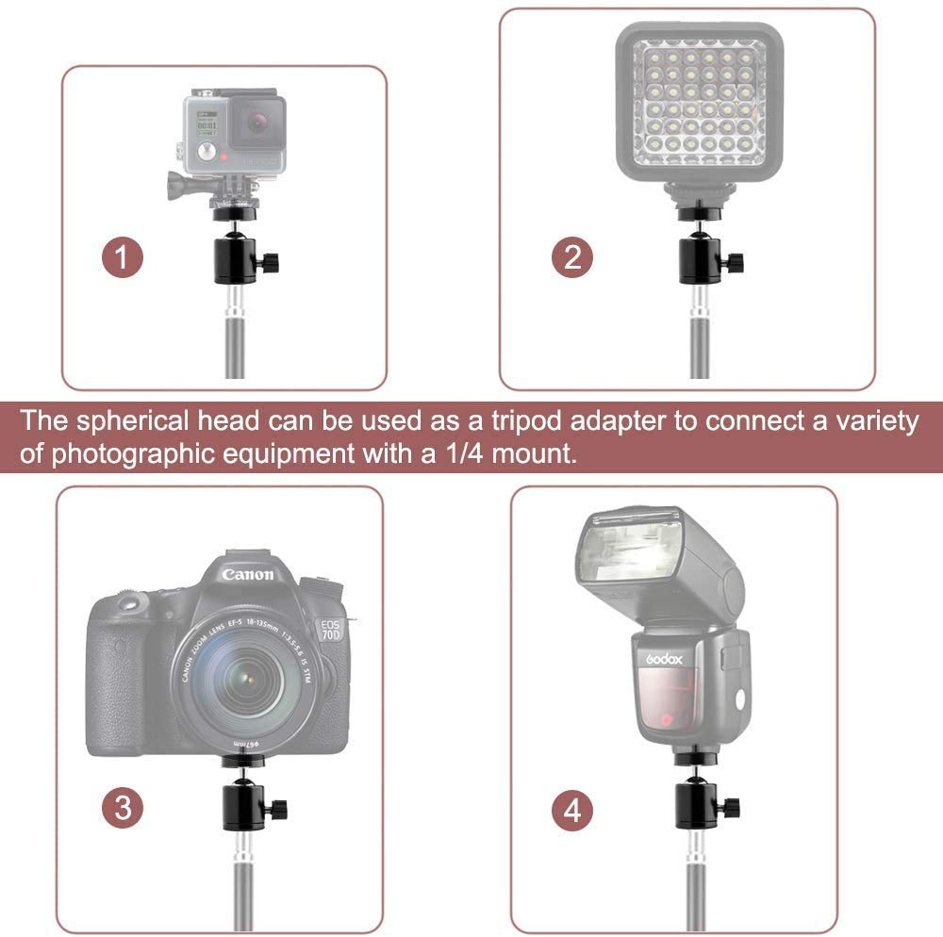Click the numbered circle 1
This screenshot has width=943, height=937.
click(124, 257)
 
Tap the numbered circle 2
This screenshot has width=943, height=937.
click(573, 257)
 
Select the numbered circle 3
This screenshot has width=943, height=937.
click(124, 807)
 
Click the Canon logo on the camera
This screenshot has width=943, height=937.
click(248, 573)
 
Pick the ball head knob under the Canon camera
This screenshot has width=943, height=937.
click(279, 809)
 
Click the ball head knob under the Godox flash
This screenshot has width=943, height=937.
click(733, 808)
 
